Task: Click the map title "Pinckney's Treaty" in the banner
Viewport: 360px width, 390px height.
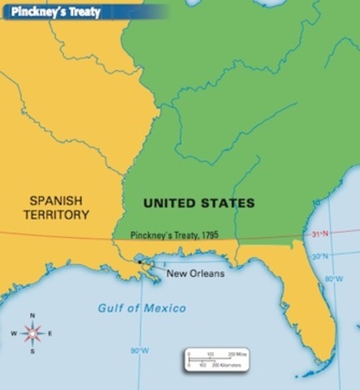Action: [x=50, y=11]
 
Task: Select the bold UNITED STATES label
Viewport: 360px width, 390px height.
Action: [x=199, y=203]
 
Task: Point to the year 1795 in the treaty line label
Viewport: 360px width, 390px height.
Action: [x=206, y=235]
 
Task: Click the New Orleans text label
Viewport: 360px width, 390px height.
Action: [x=195, y=273]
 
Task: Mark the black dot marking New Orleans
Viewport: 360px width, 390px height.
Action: [x=144, y=263]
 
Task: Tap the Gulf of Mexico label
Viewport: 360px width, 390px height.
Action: [x=142, y=308]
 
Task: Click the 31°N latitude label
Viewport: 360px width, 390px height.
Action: [x=321, y=235]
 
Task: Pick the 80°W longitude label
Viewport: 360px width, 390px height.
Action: [x=334, y=279]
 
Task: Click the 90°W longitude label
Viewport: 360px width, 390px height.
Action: [x=139, y=351]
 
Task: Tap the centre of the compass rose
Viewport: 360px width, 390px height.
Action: [x=33, y=333]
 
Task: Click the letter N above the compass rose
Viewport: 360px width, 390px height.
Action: [x=33, y=315]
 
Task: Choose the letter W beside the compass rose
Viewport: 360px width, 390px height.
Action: [x=14, y=334]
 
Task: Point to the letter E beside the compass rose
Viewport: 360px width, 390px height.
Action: [x=50, y=334]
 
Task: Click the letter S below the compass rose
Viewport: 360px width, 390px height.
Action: [x=33, y=352]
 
